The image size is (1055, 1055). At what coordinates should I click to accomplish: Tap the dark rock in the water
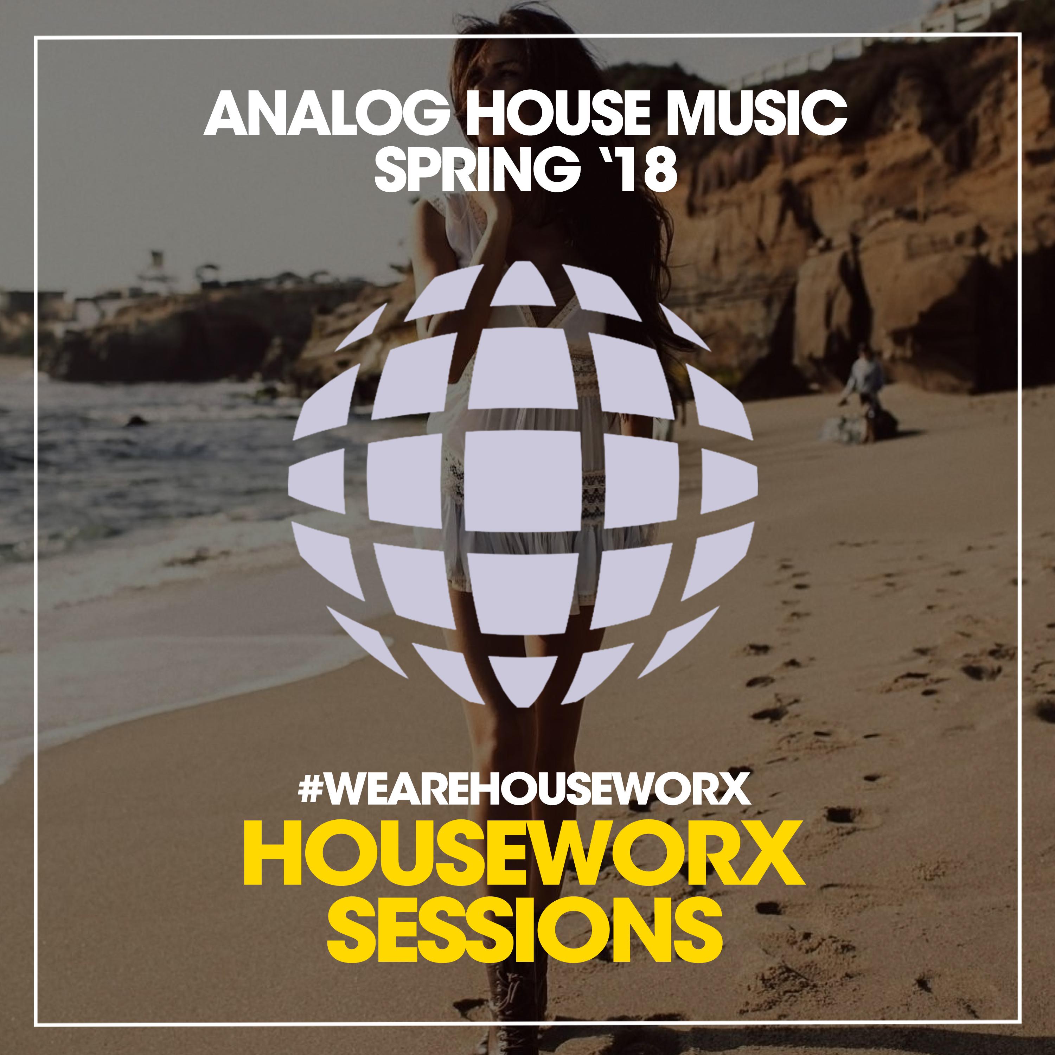(x=136, y=421)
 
